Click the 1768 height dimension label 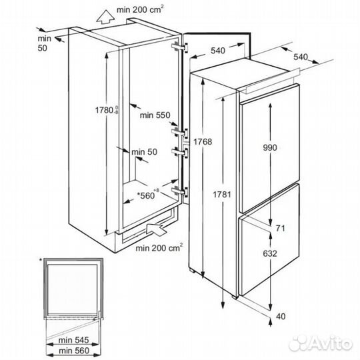[203, 141]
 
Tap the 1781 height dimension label [222, 195]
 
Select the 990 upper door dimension [270, 147]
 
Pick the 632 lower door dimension [270, 253]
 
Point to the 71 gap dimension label [280, 228]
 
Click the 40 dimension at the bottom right [281, 317]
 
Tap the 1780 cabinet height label [107, 111]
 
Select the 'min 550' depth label [155, 115]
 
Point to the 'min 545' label [73, 340]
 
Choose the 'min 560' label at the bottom [74, 351]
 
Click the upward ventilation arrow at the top [105, 17]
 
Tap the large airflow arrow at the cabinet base [157, 229]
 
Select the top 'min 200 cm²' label [141, 9]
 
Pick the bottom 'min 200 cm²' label [159, 247]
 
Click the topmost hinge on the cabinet [180, 47]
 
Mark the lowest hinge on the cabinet [180, 191]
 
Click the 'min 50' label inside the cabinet [145, 152]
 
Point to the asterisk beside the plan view [41, 260]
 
